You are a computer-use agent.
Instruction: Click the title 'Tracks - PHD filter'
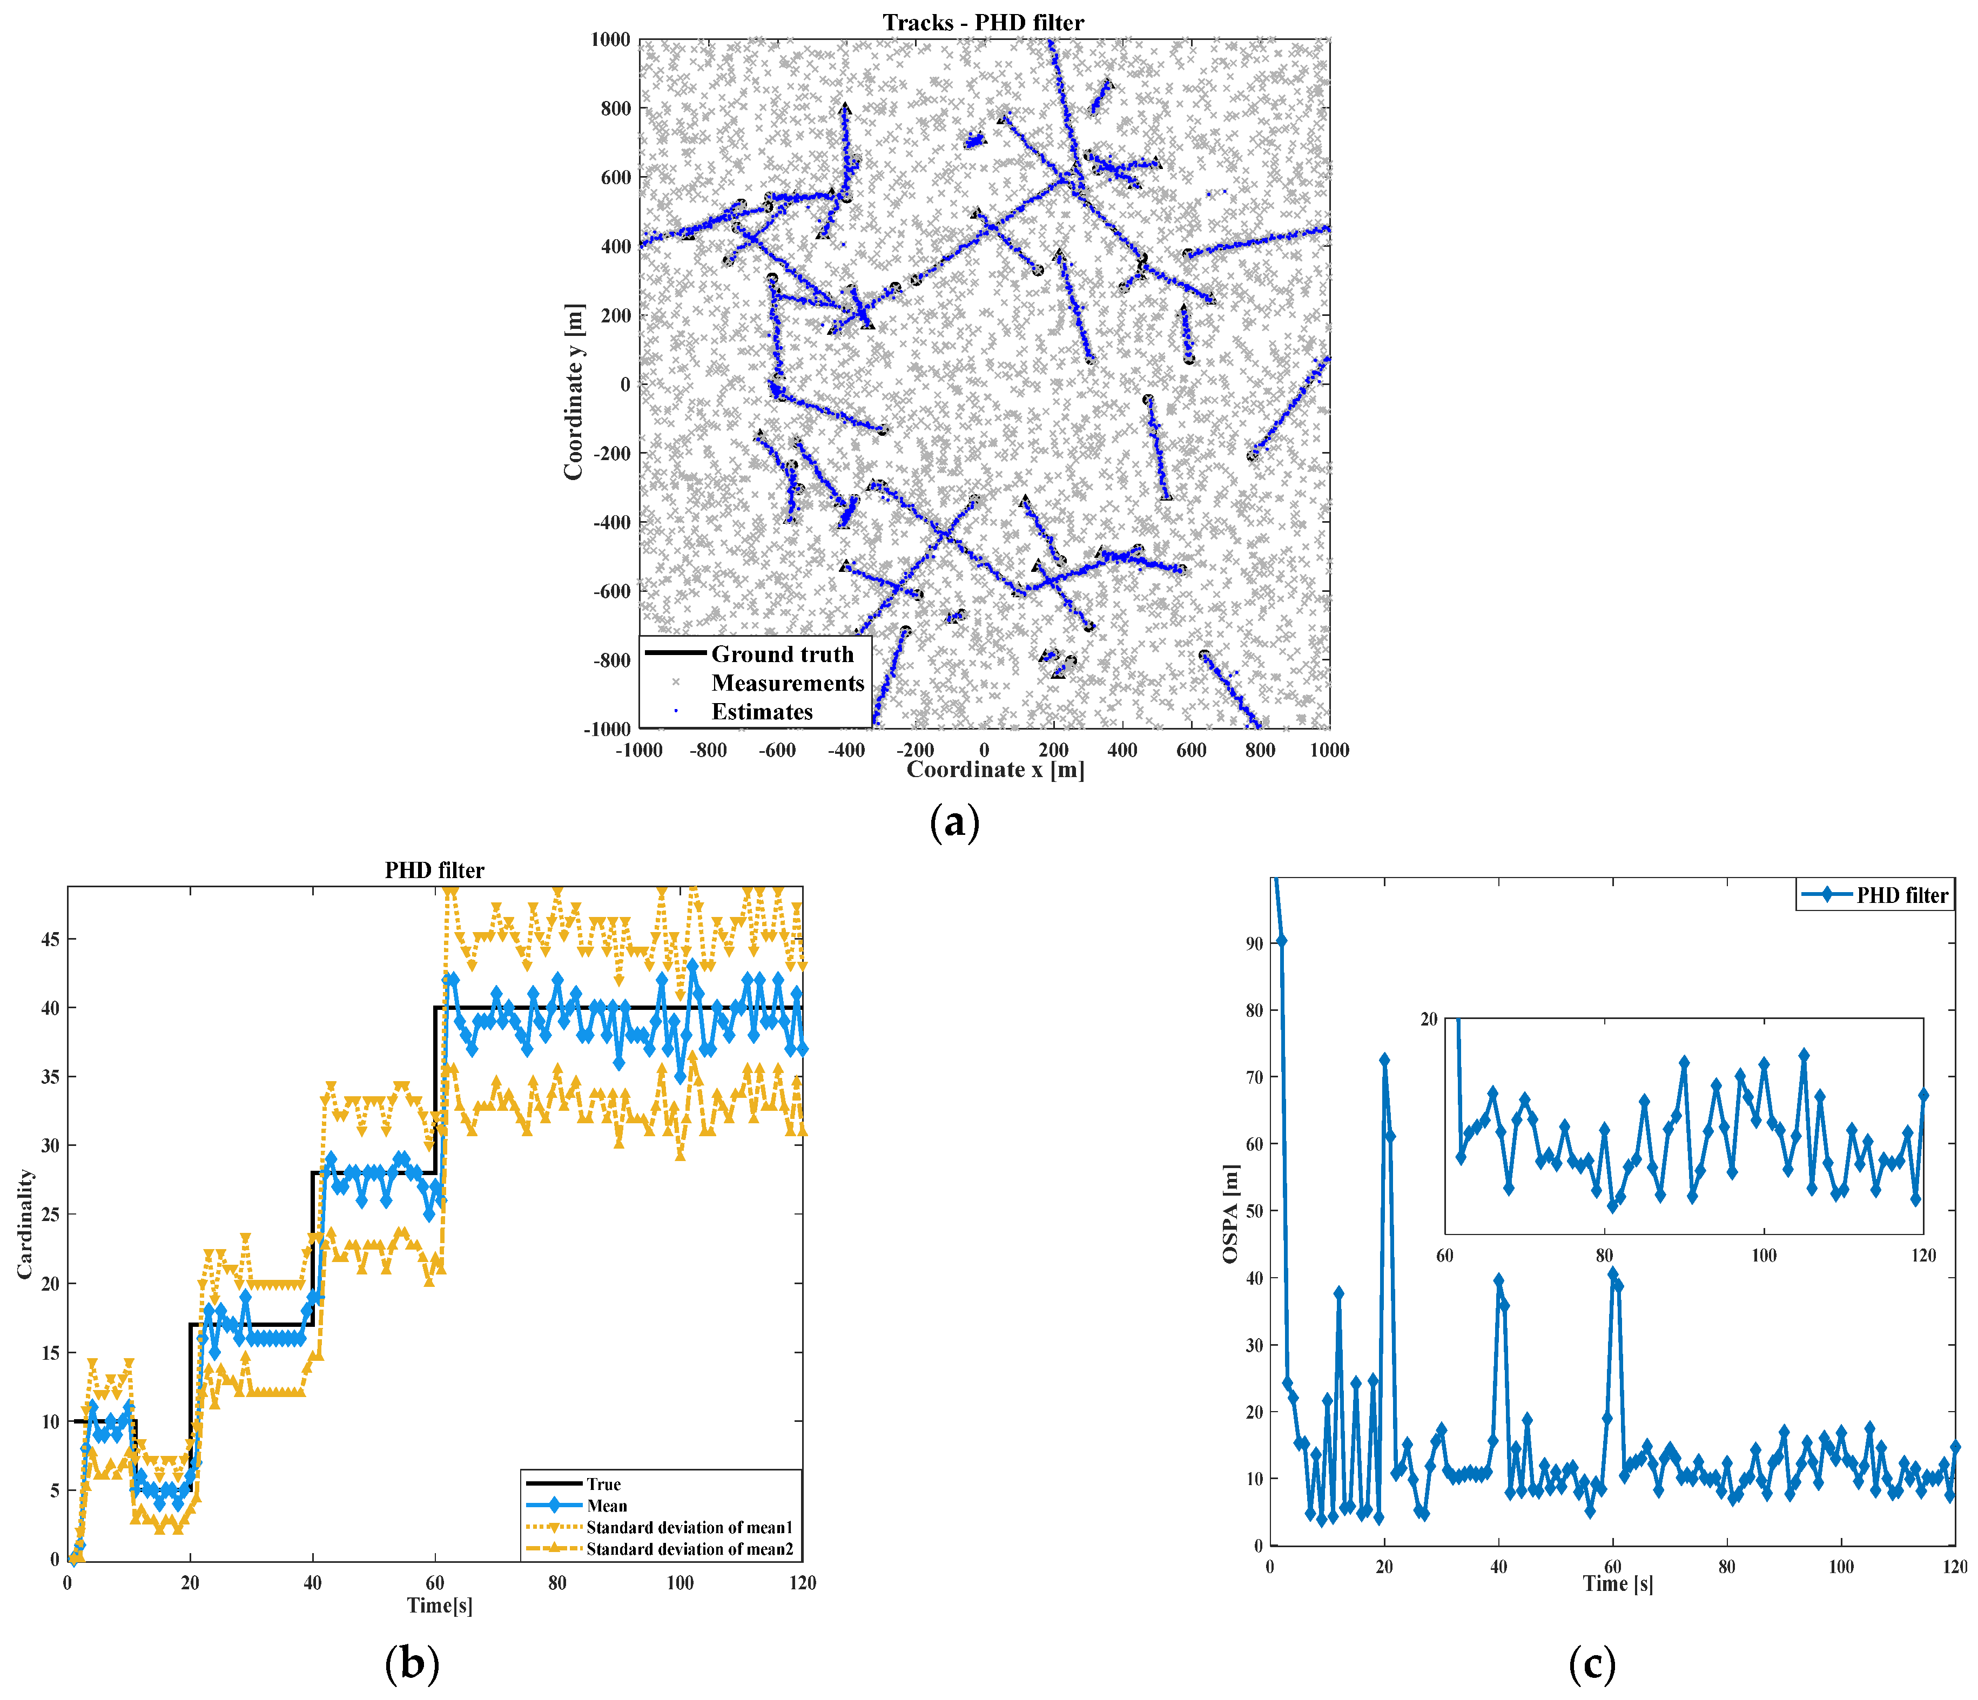[x=983, y=22]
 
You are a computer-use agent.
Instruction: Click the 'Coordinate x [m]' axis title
[x=995, y=770]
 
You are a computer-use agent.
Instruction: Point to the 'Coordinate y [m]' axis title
[x=573, y=392]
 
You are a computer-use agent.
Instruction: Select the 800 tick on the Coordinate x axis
[x=1259, y=750]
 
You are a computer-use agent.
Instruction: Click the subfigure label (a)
[x=954, y=822]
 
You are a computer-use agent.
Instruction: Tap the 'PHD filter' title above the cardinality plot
[x=434, y=869]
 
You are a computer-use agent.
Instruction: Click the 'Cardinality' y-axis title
[x=25, y=1225]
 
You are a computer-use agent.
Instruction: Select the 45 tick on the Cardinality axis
[x=50, y=939]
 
